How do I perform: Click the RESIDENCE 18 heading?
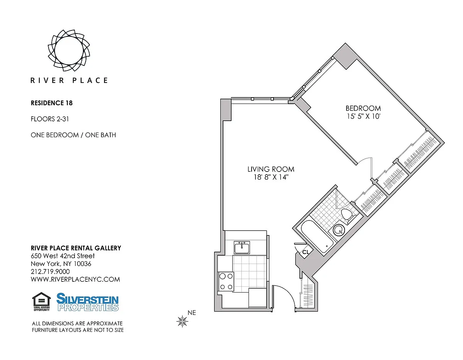[52, 103]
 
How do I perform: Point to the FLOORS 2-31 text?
[50, 119]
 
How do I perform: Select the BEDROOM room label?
[363, 108]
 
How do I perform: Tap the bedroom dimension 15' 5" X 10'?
[363, 116]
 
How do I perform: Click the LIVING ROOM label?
[271, 169]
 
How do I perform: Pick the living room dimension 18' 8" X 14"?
[271, 177]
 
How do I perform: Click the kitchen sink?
[242, 247]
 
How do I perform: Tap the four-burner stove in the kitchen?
[226, 281]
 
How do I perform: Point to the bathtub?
[317, 237]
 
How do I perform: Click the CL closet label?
[306, 252]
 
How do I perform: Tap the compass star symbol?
[182, 321]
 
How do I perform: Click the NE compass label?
[192, 313]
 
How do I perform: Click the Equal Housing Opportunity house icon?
[41, 301]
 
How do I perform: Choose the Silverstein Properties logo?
[88, 302]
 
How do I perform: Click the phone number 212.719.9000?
[50, 272]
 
